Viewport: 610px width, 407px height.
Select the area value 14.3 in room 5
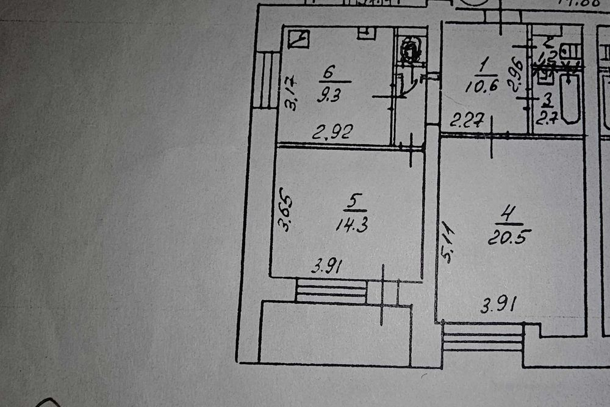coord(351,224)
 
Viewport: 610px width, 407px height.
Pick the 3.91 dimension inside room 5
coord(327,266)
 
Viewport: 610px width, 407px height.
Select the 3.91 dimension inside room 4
coord(495,304)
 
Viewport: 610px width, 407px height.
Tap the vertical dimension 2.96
coord(517,73)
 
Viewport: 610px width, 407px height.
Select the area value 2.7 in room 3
coord(544,117)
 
